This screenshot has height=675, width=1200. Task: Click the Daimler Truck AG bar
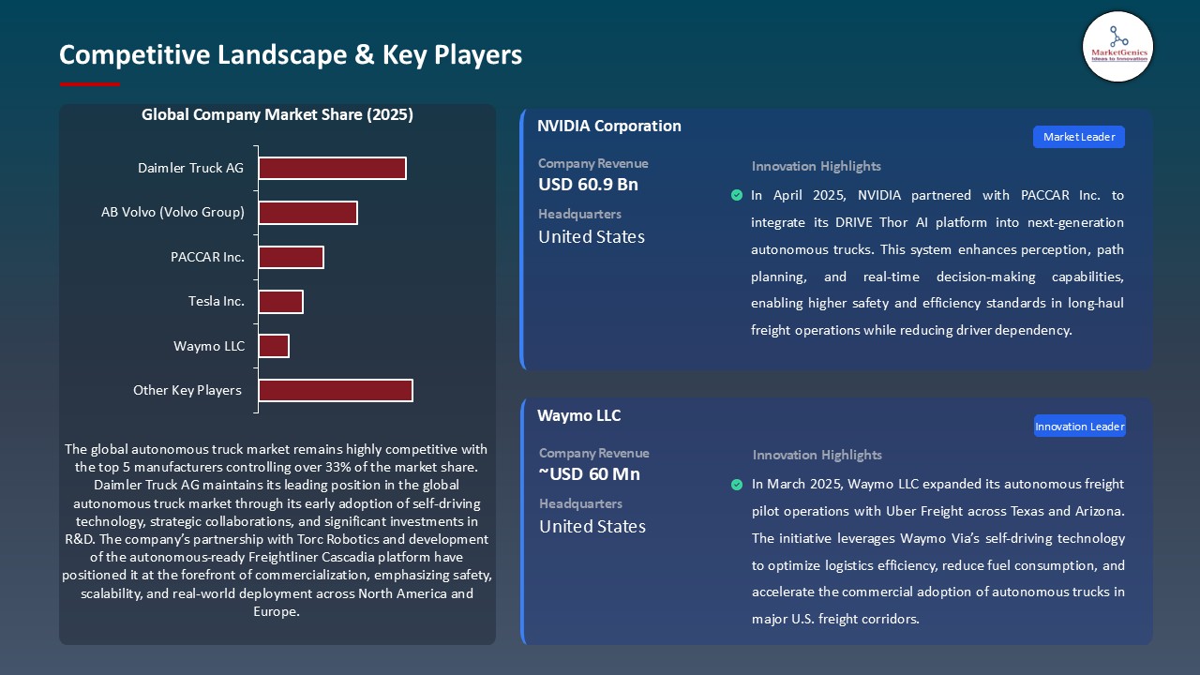click(332, 168)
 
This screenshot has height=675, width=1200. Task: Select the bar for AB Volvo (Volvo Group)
click(307, 213)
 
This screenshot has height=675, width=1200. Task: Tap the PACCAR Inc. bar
click(291, 257)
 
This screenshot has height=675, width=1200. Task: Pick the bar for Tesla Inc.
click(280, 302)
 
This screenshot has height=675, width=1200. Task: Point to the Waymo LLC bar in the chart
click(274, 346)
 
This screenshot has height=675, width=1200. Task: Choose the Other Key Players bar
click(336, 390)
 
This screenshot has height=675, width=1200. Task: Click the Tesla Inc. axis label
click(216, 302)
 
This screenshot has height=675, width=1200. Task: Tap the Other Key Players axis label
click(187, 390)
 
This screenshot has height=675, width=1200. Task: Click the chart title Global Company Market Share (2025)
click(277, 115)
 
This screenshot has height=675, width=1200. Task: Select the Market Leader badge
click(1079, 137)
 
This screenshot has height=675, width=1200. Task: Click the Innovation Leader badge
click(1079, 427)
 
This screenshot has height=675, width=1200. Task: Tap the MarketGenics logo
click(1117, 46)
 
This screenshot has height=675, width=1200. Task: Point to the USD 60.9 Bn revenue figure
click(588, 185)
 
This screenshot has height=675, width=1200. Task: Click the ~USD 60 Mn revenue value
click(590, 474)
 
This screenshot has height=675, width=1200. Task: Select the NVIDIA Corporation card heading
click(609, 126)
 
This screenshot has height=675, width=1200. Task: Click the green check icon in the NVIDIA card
click(737, 195)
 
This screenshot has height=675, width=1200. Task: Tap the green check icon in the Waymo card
click(737, 485)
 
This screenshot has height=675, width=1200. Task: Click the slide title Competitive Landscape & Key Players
click(291, 54)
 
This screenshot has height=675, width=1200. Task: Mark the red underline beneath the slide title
click(90, 84)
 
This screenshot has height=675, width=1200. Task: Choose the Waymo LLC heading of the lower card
click(578, 415)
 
